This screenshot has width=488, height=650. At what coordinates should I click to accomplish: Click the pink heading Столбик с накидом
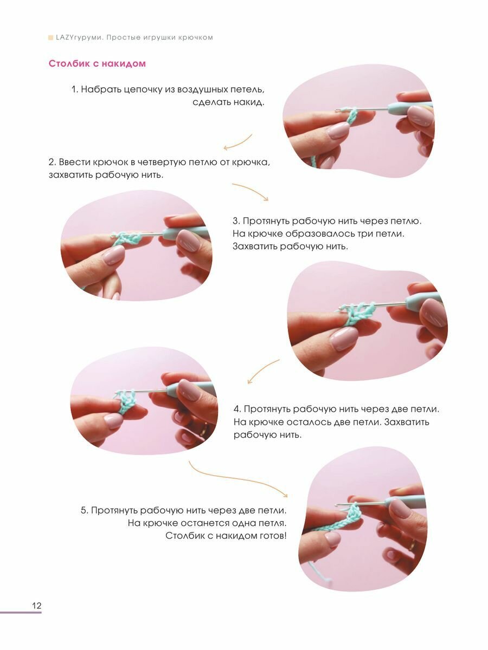[x=97, y=64]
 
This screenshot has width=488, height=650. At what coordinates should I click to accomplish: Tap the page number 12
[x=37, y=606]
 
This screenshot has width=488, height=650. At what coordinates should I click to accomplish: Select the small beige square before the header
[x=50, y=37]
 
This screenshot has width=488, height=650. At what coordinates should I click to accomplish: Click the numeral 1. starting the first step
[x=75, y=89]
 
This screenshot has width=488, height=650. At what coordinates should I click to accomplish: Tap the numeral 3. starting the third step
[x=236, y=221]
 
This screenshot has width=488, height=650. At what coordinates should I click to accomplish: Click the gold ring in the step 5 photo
[x=412, y=545]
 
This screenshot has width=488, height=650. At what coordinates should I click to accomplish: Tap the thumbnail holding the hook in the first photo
[x=421, y=116]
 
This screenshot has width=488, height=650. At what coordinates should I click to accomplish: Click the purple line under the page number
[x=21, y=613]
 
